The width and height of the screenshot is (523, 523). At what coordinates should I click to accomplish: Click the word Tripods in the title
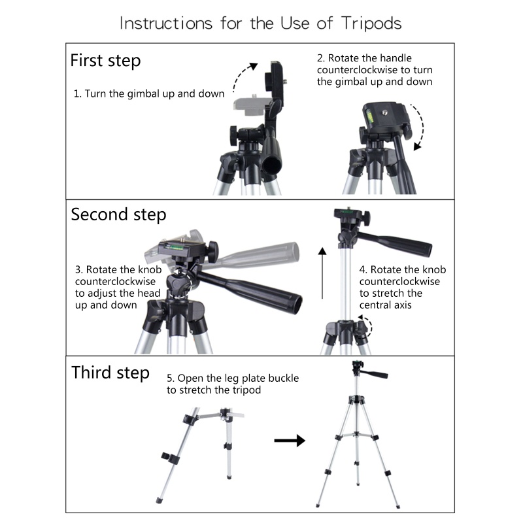point(371,24)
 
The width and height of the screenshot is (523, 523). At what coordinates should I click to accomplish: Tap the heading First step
point(105,61)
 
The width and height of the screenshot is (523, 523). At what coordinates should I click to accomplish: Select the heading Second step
point(118,214)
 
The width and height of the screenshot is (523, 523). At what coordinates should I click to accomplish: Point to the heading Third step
point(110,373)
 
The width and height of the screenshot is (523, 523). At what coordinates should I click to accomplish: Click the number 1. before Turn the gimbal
point(77,93)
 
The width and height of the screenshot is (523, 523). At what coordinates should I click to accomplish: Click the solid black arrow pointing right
point(290,441)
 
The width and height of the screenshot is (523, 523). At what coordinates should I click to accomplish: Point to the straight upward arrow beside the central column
point(322,273)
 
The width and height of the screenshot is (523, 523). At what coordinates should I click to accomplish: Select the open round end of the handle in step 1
point(273,165)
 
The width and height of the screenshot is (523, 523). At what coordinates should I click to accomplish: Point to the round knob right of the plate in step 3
point(212,252)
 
